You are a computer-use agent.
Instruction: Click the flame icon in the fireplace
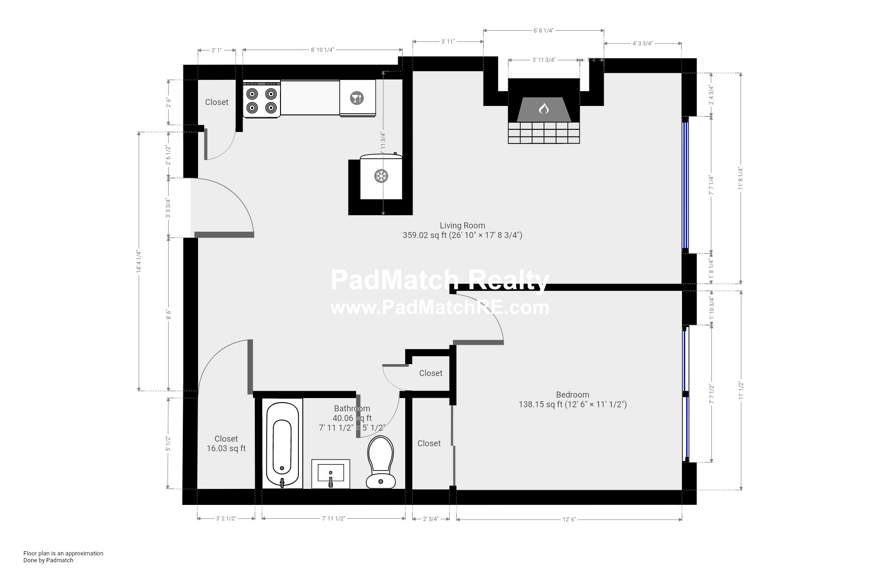click(544, 109)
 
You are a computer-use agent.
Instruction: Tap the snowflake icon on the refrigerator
click(381, 176)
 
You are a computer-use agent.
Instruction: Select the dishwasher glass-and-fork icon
click(357, 98)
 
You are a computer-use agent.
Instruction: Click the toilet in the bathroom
click(380, 462)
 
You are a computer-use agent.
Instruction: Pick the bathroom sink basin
click(330, 473)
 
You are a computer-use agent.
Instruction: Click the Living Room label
click(462, 226)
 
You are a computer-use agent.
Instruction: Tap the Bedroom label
click(572, 395)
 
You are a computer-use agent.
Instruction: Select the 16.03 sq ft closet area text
click(226, 449)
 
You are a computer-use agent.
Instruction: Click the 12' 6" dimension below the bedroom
click(569, 520)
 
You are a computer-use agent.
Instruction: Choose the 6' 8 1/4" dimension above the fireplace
click(544, 31)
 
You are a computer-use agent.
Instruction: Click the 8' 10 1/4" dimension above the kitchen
click(323, 50)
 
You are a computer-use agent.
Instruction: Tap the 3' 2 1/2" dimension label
click(226, 519)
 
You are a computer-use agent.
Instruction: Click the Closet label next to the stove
click(216, 102)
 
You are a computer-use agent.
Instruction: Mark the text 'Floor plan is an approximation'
click(63, 553)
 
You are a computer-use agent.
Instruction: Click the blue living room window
click(685, 183)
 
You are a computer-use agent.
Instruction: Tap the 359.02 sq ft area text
click(462, 236)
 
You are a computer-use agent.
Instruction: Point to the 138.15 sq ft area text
click(572, 404)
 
